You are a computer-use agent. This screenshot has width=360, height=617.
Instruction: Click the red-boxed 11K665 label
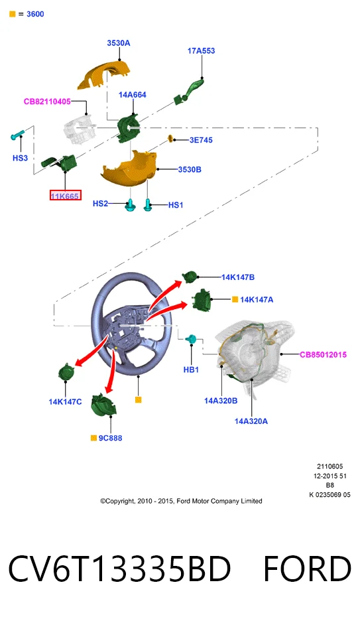tap(65, 195)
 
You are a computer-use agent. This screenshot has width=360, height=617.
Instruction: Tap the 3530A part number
tap(119, 43)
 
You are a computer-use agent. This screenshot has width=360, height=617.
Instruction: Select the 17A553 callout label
tap(202, 50)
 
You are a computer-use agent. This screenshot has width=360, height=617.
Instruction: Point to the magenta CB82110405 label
tap(47, 102)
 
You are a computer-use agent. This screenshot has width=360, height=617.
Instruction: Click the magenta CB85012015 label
tap(323, 354)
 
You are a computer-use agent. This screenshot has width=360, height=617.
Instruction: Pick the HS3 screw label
tap(20, 158)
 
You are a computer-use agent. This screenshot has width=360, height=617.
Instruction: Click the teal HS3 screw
tap(17, 135)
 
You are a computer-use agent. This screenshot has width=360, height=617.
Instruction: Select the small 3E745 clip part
tap(171, 139)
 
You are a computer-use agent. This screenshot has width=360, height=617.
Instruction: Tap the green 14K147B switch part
tap(190, 277)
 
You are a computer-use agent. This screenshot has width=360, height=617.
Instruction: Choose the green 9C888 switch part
tap(103, 405)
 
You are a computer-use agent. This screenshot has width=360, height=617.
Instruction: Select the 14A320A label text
tap(251, 421)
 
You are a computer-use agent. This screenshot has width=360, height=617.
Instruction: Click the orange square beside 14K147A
tap(235, 299)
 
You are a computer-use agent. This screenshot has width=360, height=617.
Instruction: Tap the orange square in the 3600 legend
tap(12, 14)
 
